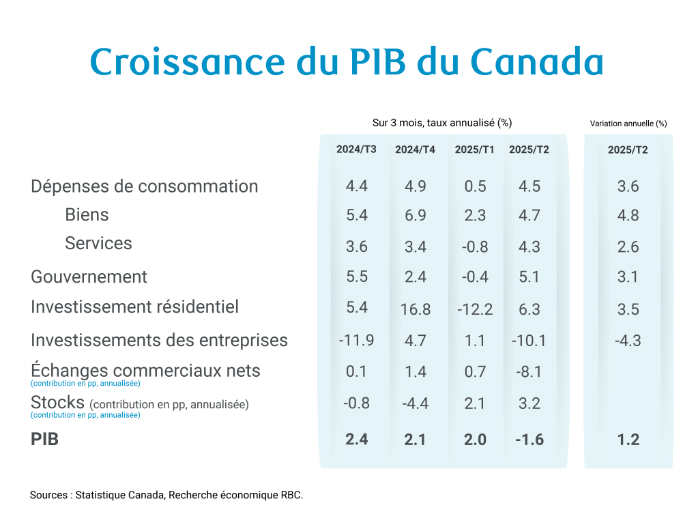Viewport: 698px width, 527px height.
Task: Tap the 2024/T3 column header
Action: point(356,149)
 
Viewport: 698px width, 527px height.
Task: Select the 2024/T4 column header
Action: point(415,149)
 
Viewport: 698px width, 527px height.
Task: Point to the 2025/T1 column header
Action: point(474,149)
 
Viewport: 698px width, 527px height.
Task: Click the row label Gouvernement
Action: point(89,276)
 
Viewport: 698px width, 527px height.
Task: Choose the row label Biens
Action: point(87,214)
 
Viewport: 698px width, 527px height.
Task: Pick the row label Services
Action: point(98,243)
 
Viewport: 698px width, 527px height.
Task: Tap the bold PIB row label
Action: point(45,439)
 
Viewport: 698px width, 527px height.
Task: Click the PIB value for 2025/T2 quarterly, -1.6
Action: point(529,439)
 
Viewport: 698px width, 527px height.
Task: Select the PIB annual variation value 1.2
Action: point(628,439)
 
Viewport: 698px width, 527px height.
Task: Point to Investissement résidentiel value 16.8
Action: point(415,309)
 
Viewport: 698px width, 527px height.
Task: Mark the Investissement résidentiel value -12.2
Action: point(474,309)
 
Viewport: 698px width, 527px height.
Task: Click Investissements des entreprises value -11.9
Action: point(356,339)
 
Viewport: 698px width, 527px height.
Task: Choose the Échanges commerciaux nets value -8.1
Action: point(529,371)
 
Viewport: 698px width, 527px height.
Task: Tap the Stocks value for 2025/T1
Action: point(474,403)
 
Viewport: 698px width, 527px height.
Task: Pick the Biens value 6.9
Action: point(415,215)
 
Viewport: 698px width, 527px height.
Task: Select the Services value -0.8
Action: point(474,246)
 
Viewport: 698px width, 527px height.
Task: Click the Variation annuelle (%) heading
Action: point(628,124)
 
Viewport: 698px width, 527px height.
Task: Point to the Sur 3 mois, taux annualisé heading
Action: point(442,123)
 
